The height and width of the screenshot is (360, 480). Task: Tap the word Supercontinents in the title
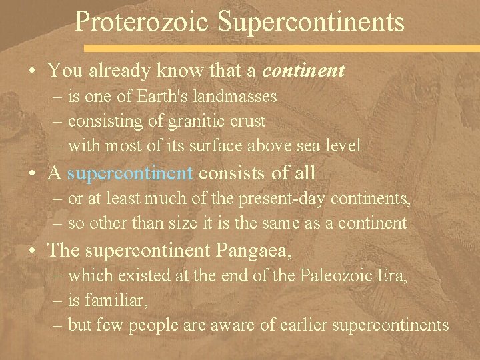pos(311,21)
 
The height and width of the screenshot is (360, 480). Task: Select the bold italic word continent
pos(304,69)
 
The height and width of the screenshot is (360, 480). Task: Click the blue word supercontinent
pos(130,173)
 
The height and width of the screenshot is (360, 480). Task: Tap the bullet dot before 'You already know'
pos(33,71)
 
